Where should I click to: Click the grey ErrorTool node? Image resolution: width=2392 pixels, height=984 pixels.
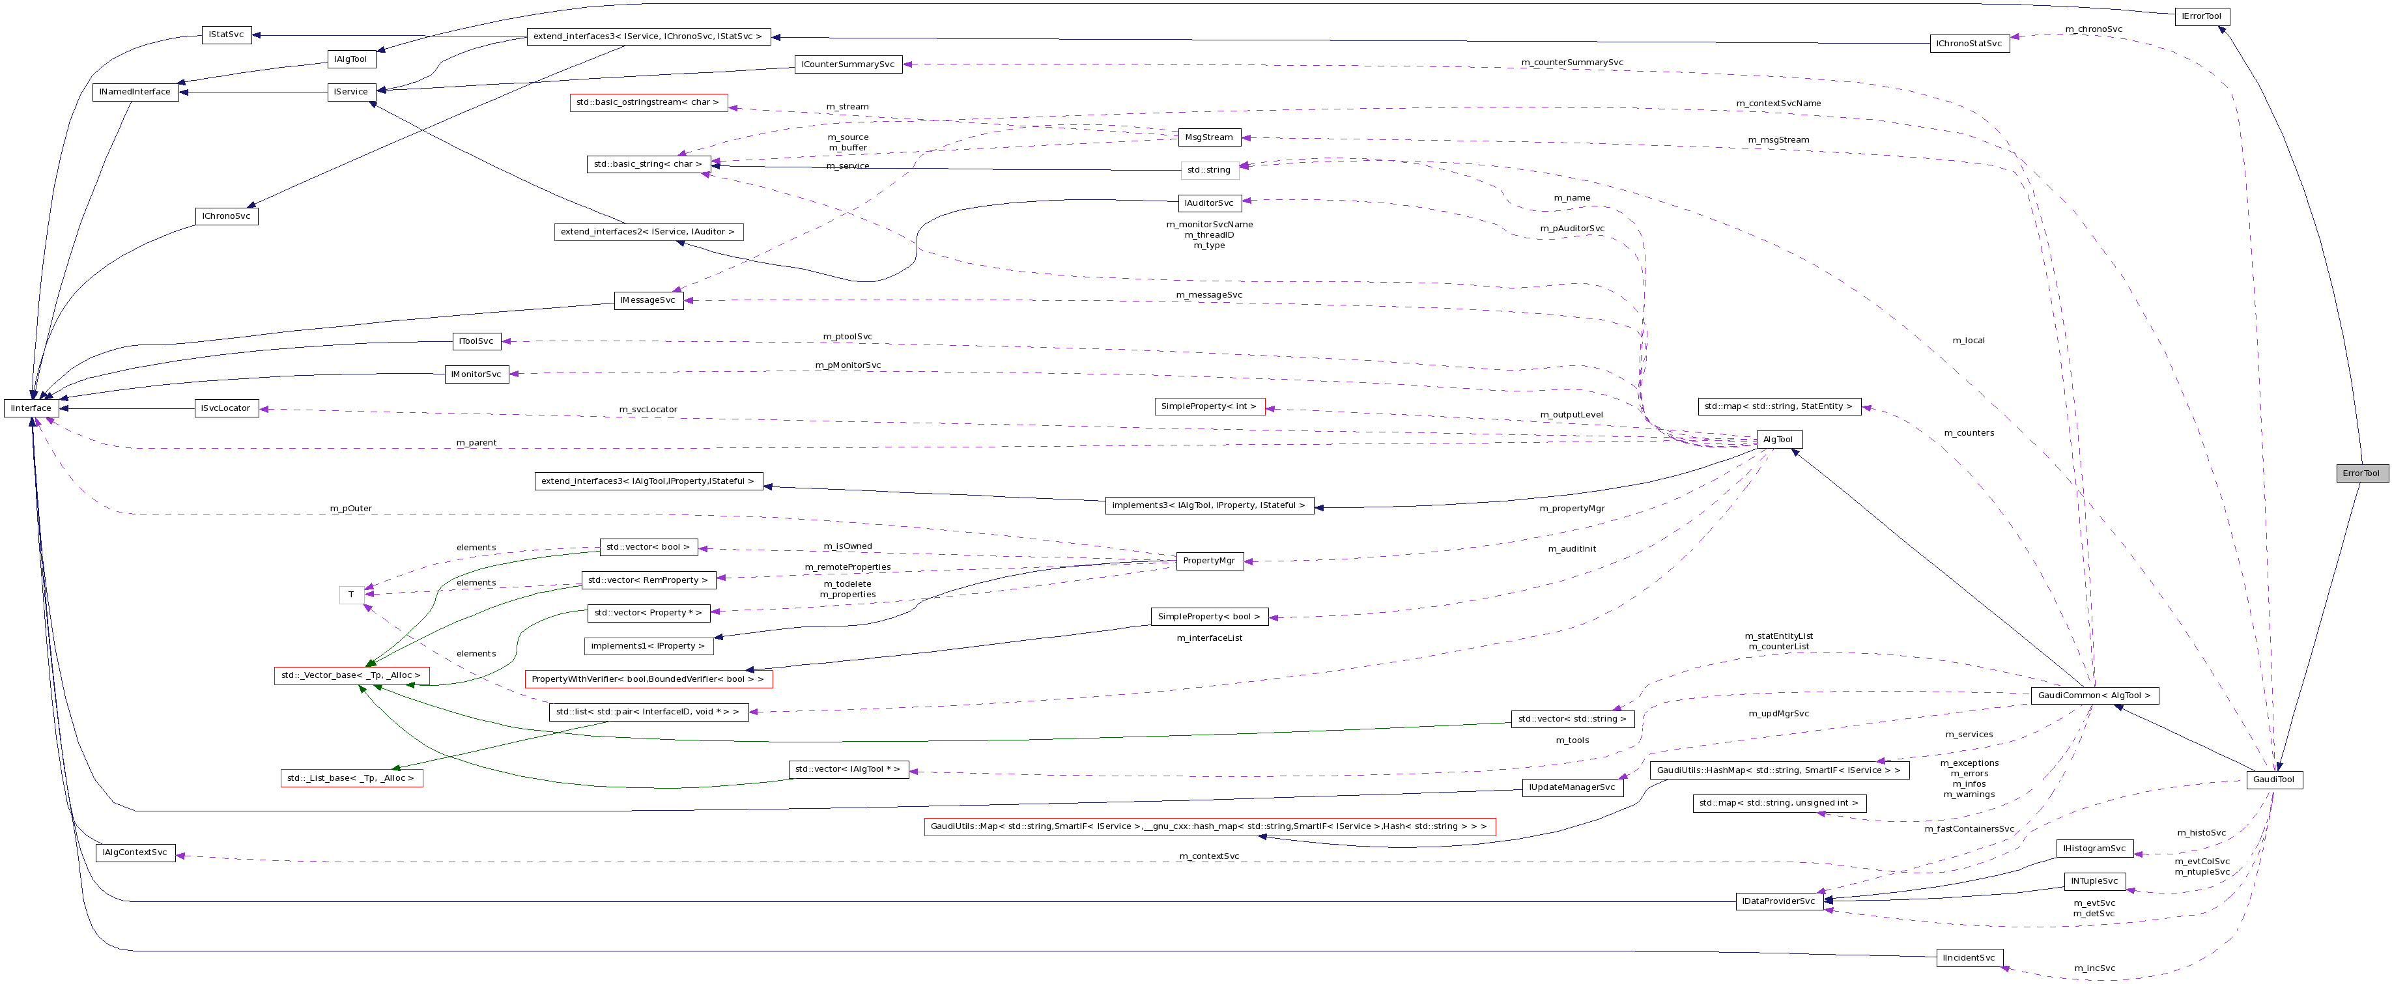[x=2361, y=473]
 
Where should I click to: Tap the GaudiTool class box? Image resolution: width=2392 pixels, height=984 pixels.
[x=2274, y=780]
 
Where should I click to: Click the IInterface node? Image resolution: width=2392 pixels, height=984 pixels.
[x=31, y=408]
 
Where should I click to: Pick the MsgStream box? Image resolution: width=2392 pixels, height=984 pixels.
[x=1208, y=137]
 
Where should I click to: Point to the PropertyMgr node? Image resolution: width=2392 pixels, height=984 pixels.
[x=1209, y=561]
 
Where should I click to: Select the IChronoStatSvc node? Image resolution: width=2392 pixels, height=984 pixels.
[x=1969, y=44]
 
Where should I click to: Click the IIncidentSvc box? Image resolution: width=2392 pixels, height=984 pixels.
[x=1969, y=958]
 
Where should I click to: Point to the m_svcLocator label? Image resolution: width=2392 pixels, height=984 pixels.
[x=648, y=410]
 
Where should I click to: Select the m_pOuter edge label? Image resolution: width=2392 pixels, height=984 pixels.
[x=351, y=509]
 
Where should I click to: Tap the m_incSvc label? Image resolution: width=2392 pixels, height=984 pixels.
[x=2095, y=968]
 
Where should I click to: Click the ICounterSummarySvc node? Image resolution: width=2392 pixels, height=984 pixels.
[x=847, y=64]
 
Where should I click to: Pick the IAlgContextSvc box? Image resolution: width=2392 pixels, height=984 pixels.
[x=135, y=852]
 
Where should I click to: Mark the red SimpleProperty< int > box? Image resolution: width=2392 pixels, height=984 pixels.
[x=1208, y=406]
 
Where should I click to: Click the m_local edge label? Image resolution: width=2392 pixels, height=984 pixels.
[x=1969, y=341]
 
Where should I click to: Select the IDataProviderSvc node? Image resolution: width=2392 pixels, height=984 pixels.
[x=1777, y=901]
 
